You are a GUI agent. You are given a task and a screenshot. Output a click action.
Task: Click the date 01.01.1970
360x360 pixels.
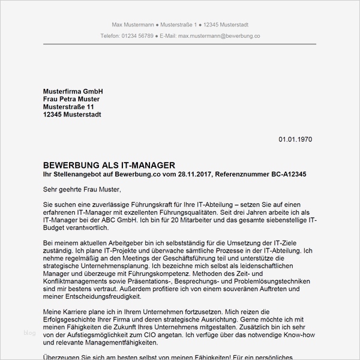click(295, 139)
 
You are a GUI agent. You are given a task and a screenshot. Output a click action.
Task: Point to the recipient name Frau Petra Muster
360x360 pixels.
click(71, 99)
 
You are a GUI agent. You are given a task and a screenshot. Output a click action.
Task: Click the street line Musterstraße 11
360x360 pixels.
click(68, 107)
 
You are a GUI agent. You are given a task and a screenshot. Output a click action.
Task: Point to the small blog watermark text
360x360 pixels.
click(30, 332)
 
